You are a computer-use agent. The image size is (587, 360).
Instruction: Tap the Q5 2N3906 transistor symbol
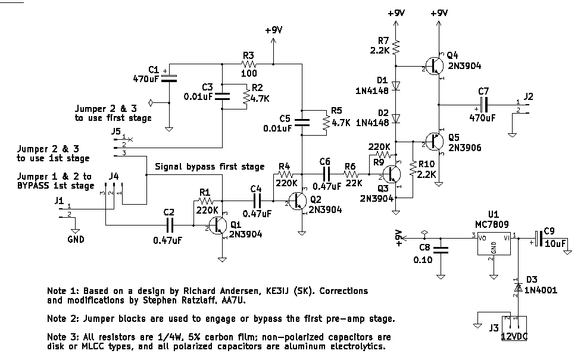(434, 142)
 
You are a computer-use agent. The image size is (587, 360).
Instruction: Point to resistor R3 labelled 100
(248, 64)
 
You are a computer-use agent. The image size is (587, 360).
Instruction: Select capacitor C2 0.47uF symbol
(170, 226)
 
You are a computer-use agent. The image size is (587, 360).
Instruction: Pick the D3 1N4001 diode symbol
(518, 287)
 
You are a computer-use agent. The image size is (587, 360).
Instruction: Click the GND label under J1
(76, 240)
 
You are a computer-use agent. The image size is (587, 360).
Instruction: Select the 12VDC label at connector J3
(514, 337)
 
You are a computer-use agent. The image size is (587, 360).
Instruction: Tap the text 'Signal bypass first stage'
(209, 166)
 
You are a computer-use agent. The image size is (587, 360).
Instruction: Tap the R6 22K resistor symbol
(351, 174)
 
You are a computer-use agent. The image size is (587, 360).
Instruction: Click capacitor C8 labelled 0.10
(441, 252)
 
